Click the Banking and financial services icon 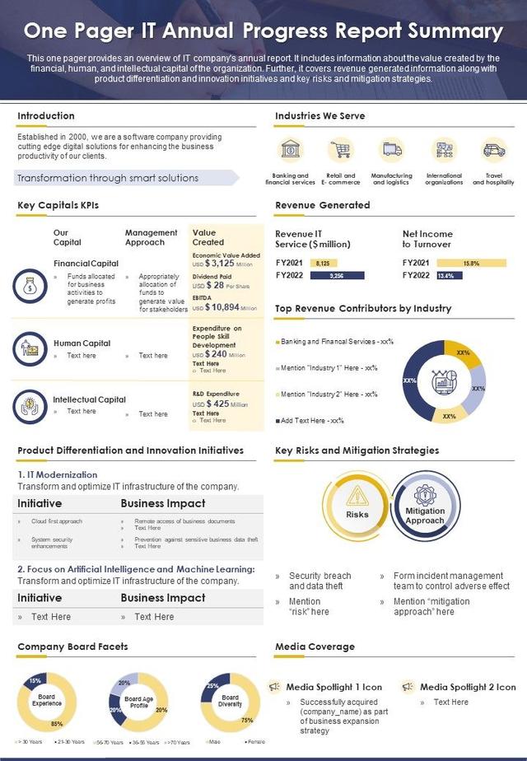pyautogui.click(x=291, y=150)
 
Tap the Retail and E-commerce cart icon pyautogui.click(x=340, y=150)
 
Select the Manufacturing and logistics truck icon pyautogui.click(x=391, y=150)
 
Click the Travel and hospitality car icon pyautogui.click(x=493, y=150)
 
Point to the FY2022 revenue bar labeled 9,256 pyautogui.click(x=335, y=276)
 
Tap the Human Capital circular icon pyautogui.click(x=30, y=349)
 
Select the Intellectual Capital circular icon pyautogui.click(x=30, y=406)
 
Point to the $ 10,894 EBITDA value pyautogui.click(x=222, y=307)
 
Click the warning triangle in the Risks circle pyautogui.click(x=357, y=495)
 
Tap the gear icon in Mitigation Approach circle pyautogui.click(x=424, y=495)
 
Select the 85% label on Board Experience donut pyautogui.click(x=56, y=724)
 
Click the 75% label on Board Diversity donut pyautogui.click(x=246, y=720)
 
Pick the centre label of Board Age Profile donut pyautogui.click(x=138, y=702)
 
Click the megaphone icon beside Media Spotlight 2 pyautogui.click(x=408, y=686)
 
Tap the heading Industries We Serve pyautogui.click(x=319, y=116)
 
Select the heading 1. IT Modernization pyautogui.click(x=58, y=474)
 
